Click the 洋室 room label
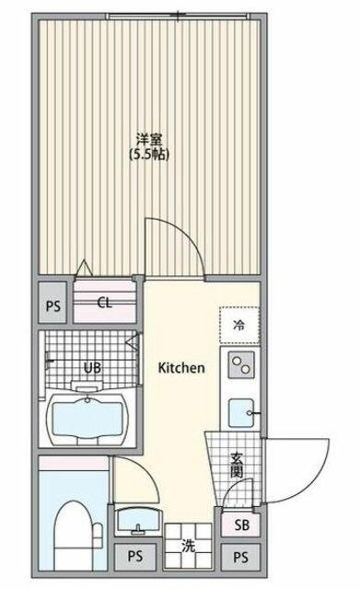[149, 140]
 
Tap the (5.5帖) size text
[149, 155]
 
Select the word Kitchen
[181, 367]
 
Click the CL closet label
[104, 303]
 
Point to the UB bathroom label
[92, 367]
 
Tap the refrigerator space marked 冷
[239, 325]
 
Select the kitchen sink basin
[241, 413]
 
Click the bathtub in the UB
[88, 420]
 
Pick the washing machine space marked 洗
[188, 546]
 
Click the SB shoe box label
[241, 525]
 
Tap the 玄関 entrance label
[237, 466]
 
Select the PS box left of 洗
[135, 556]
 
